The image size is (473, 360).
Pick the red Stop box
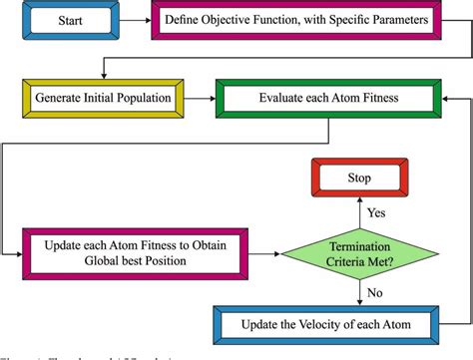[x=359, y=180]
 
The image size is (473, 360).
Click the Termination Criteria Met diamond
[x=359, y=253]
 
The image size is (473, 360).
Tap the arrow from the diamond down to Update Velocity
[x=359, y=295]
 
